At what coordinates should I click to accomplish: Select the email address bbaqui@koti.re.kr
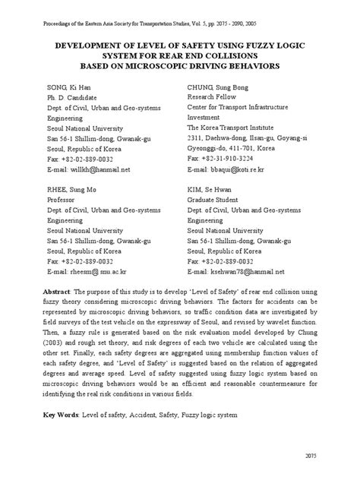[242, 169]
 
